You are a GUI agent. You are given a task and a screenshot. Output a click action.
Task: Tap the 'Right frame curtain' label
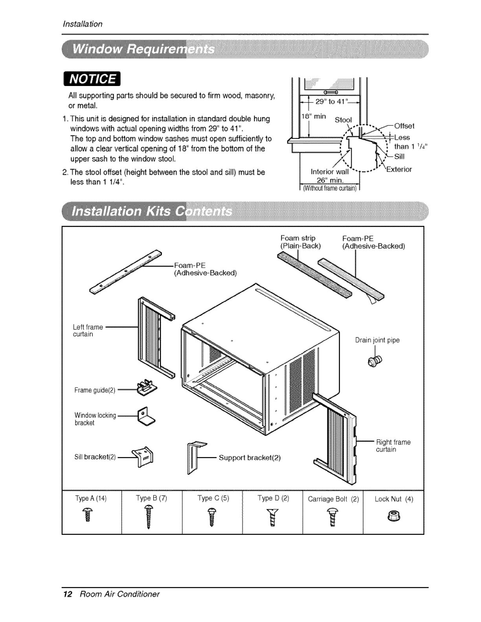[393, 446]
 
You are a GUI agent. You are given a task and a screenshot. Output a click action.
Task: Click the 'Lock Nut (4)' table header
[393, 499]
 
